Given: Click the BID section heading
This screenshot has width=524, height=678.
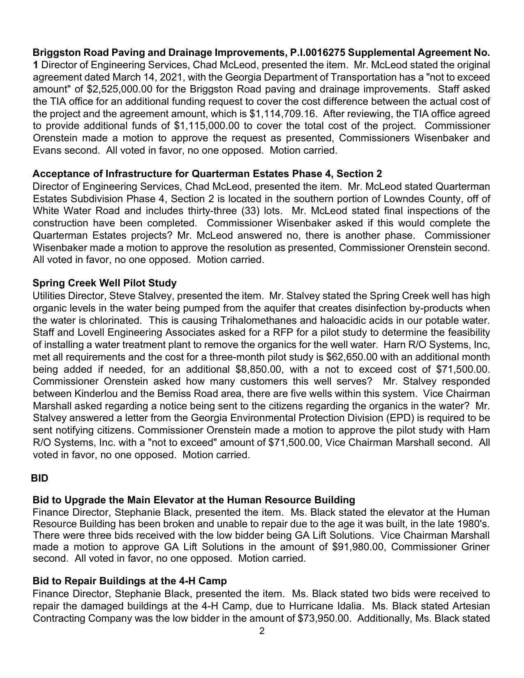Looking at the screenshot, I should tap(39, 478).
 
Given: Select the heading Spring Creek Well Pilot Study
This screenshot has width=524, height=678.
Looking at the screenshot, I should tap(104, 283).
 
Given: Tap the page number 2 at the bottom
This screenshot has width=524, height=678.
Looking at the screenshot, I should tap(262, 631).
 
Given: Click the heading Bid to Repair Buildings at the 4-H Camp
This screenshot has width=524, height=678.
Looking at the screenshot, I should tap(129, 581).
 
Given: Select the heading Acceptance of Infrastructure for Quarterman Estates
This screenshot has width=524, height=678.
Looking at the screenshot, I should tap(207, 174).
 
